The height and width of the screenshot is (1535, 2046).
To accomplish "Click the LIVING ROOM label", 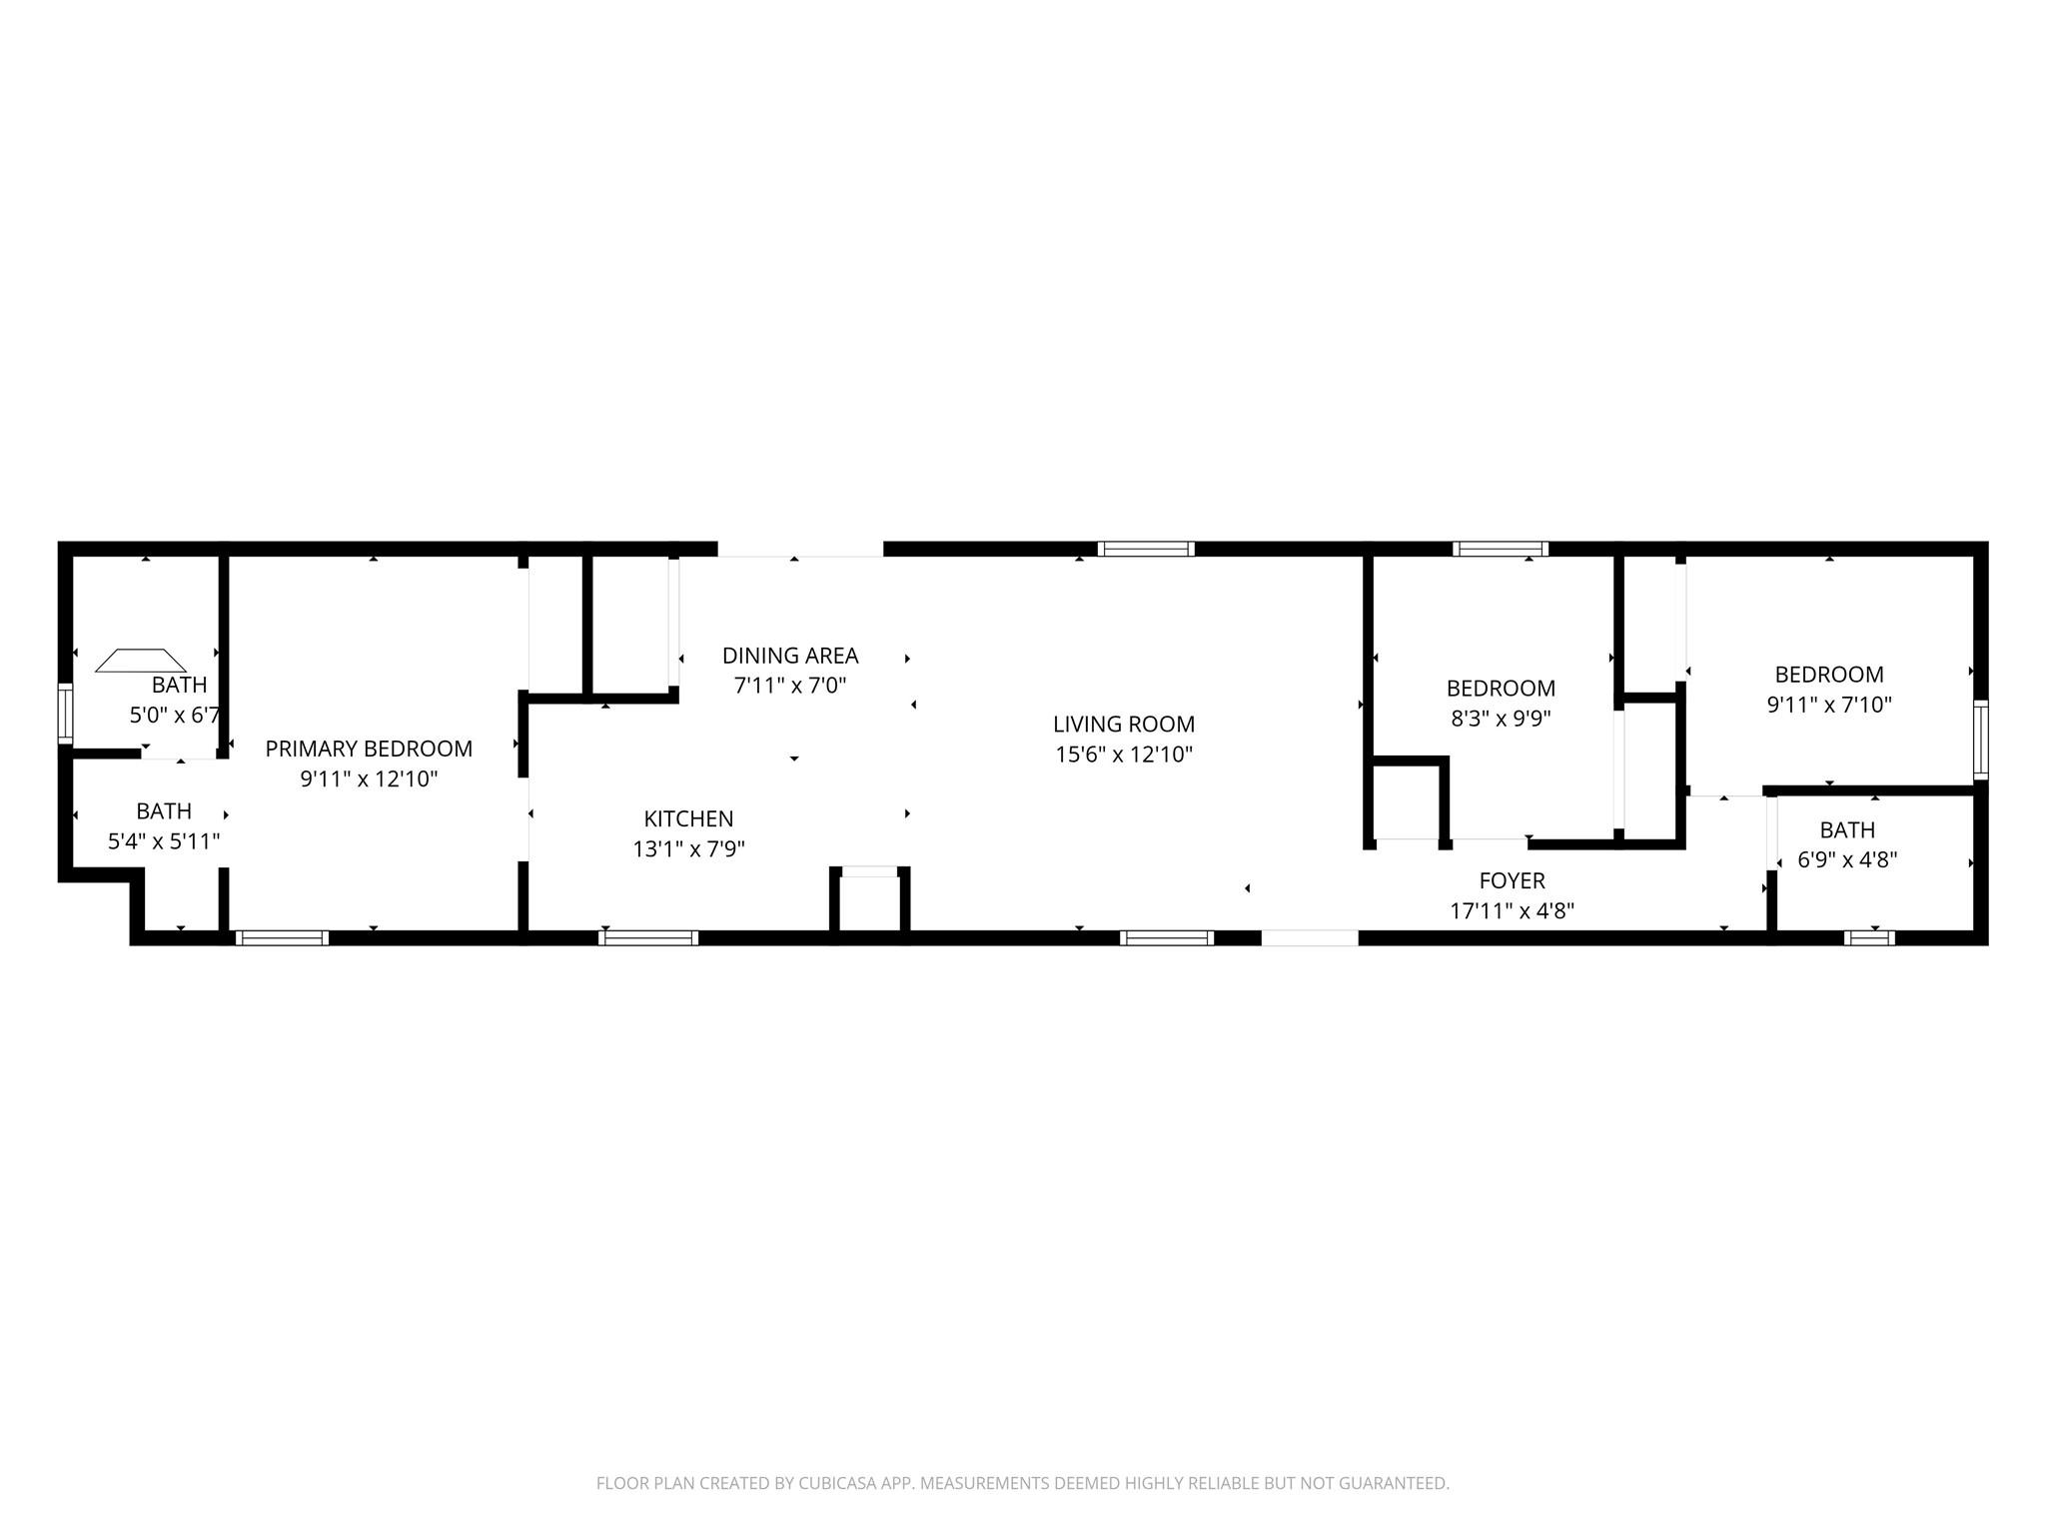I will pyautogui.click(x=1124, y=724).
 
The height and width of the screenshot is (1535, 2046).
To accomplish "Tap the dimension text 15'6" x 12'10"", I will pyautogui.click(x=1124, y=755).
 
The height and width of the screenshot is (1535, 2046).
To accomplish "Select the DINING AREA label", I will pyautogui.click(x=790, y=656).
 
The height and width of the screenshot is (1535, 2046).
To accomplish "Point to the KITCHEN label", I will pyautogui.click(x=688, y=818).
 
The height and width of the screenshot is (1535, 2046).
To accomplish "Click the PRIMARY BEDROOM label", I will pyautogui.click(x=369, y=749).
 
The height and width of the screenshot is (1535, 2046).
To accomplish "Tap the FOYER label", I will pyautogui.click(x=1512, y=880).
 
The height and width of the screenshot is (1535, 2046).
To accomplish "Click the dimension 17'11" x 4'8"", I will pyautogui.click(x=1512, y=910).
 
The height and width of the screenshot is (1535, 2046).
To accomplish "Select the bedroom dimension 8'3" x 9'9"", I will pyautogui.click(x=1501, y=719).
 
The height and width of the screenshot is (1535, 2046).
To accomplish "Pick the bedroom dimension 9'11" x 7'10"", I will pyautogui.click(x=1829, y=705).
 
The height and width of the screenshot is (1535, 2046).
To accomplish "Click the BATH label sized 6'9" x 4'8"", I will pyautogui.click(x=1847, y=829).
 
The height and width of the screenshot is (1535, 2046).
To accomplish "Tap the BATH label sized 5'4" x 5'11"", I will pyautogui.click(x=164, y=810).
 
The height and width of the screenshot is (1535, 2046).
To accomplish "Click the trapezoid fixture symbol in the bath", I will pyautogui.click(x=141, y=661).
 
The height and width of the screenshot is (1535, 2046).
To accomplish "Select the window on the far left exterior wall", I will pyautogui.click(x=66, y=714).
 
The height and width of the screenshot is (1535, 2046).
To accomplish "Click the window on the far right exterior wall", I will pyautogui.click(x=1980, y=740).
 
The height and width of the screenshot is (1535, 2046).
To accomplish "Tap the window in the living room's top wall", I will pyautogui.click(x=1146, y=549).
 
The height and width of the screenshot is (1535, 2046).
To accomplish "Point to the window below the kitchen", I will pyautogui.click(x=648, y=937).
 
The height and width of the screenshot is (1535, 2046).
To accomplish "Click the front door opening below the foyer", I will pyautogui.click(x=1310, y=937).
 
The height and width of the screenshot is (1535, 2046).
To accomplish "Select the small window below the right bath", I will pyautogui.click(x=1869, y=937).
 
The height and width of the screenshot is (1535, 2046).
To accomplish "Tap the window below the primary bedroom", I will pyautogui.click(x=283, y=937).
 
